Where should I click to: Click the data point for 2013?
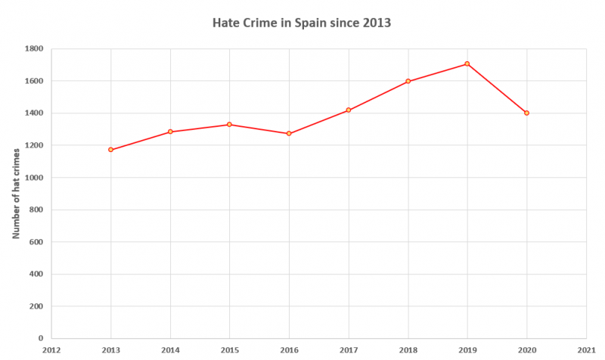[110, 150]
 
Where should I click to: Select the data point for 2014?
[170, 132]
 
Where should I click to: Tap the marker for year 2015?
[229, 124]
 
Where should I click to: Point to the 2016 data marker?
[289, 134]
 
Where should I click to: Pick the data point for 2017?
[349, 110]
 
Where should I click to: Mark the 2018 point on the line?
[408, 81]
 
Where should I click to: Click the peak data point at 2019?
[467, 64]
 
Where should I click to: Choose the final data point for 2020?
[526, 113]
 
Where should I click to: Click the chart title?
[302, 23]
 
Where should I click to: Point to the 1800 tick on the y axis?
[35, 48]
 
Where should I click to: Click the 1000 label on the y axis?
[35, 178]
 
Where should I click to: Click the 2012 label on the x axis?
[51, 350]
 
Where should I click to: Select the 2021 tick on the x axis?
[586, 350]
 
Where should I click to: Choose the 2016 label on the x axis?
[289, 350]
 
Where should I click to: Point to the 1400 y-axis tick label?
[35, 113]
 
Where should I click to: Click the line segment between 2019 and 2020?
[497, 88]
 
